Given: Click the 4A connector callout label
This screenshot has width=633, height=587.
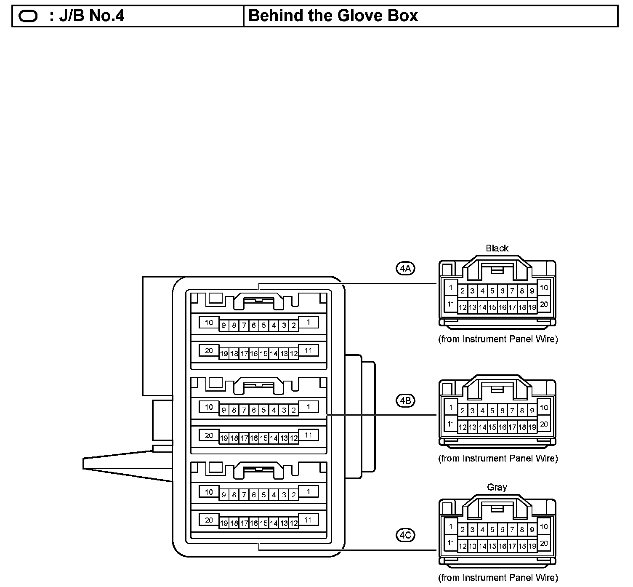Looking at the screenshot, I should point(405,268).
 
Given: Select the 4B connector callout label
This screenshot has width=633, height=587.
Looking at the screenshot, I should point(405,400).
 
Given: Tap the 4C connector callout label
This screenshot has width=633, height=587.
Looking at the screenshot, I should point(405,535).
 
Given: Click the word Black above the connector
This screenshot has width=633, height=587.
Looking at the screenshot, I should point(497,248).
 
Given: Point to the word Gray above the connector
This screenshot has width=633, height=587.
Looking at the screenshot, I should point(497,487).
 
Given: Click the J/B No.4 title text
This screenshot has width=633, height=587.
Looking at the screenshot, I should point(87,16).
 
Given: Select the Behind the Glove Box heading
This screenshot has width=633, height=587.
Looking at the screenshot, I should point(333,16).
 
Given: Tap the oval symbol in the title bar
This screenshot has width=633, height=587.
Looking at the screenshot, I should point(28,16).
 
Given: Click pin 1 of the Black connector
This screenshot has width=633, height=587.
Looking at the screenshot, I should point(451,288).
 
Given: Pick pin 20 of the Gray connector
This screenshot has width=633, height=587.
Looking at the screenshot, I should point(544,543).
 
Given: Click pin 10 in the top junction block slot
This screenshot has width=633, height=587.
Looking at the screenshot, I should point(209,323).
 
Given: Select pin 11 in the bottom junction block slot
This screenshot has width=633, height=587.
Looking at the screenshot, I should point(309,520).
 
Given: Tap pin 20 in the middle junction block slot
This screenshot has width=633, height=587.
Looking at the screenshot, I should point(209,435).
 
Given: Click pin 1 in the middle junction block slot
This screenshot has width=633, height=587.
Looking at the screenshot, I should point(309,407).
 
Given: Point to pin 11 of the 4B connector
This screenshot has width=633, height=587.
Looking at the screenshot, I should point(451,424).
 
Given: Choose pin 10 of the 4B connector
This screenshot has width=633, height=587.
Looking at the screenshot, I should point(544,407).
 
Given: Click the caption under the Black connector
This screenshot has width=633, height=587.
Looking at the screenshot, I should point(498,339).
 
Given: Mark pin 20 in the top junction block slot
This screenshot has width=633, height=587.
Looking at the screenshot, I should point(209,350).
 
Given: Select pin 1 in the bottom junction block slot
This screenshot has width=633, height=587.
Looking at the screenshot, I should point(309,491).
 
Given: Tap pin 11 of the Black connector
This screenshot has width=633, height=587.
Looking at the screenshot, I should point(451,304).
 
